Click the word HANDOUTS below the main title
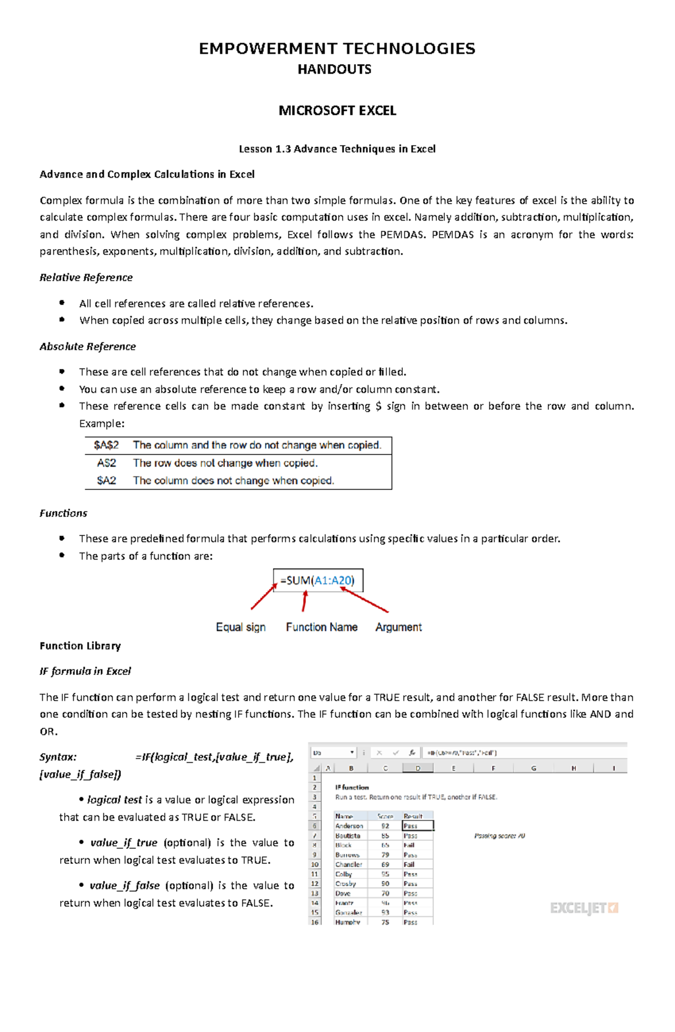tap(334, 69)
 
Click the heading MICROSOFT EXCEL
tap(337, 110)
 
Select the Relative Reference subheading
tap(86, 277)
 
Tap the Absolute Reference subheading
tap(88, 346)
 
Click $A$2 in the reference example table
tap(106, 445)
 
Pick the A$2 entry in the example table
tap(106, 463)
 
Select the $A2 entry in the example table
tap(106, 480)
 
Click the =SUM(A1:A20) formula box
tap(318, 580)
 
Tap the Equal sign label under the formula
tap(241, 627)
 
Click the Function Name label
tap(321, 627)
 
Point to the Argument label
tap(398, 627)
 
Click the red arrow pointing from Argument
tap(366, 600)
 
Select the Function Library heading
tap(80, 646)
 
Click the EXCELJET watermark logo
tap(584, 907)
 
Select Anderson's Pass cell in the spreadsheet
tap(417, 826)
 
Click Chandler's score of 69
tap(385, 864)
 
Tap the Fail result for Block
tap(409, 845)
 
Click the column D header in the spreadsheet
tap(417, 768)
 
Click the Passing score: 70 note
tap(499, 836)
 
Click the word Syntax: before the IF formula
tap(58, 757)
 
